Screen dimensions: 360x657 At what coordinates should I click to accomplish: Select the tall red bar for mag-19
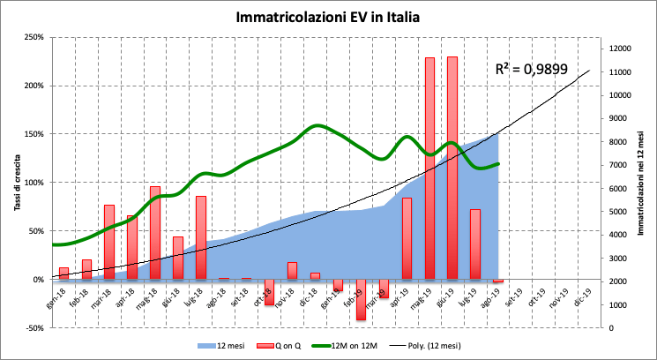click(x=429, y=168)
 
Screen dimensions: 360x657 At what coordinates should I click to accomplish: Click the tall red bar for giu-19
click(x=452, y=168)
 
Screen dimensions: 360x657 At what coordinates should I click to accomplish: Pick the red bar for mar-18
click(x=109, y=242)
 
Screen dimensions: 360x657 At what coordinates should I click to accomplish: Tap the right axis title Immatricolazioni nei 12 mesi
click(x=642, y=183)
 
